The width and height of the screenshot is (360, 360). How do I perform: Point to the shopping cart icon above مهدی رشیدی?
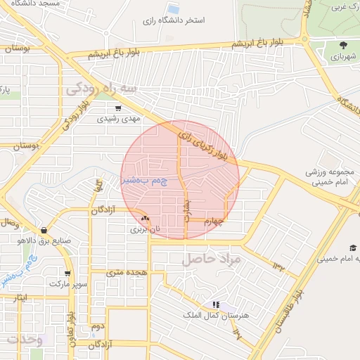(117, 108)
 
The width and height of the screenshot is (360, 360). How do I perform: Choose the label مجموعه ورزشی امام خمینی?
(328, 176)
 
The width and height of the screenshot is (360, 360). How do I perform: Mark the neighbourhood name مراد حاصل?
(212, 259)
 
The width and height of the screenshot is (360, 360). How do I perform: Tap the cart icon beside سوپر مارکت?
(67, 274)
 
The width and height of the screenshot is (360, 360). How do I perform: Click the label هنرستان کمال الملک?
(216, 316)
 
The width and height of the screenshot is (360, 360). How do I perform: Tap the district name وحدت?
(22, 340)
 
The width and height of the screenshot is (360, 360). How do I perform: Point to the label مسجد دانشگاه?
(30, 4)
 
